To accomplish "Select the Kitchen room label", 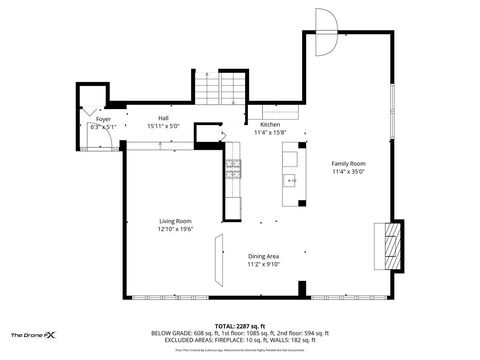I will point(270,125).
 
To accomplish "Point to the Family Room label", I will point(349,163).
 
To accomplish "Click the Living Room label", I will point(175,221).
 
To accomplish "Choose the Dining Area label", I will point(264,256).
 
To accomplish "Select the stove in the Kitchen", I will point(234,167).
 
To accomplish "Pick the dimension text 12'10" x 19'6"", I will point(175,230).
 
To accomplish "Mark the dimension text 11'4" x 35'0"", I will point(349,171).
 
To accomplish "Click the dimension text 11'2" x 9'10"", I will point(264,265).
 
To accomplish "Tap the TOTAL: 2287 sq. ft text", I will point(240,325).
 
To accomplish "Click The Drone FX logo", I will point(33,334).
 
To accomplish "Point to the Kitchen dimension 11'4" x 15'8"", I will point(270,132).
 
